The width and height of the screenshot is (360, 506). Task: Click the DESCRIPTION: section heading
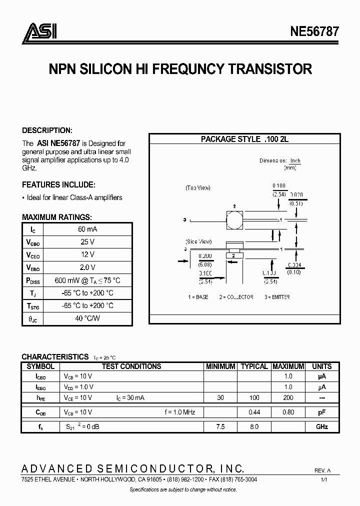47,130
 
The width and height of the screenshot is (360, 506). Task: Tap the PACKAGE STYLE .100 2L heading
244,139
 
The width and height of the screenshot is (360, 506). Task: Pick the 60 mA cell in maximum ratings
87,229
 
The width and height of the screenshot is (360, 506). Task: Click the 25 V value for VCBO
87,242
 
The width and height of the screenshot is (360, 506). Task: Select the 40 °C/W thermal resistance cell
87,318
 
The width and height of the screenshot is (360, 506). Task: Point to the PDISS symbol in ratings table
33,280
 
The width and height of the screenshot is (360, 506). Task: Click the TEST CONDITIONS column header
131,366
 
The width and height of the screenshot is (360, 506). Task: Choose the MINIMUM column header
220,366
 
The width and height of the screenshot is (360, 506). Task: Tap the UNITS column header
321,366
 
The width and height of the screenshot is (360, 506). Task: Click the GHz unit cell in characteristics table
321,427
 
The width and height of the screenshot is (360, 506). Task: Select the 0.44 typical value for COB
254,412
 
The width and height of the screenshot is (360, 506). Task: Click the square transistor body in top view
234,219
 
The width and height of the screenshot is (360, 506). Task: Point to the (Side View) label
198,241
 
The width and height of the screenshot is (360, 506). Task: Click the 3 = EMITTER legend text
274,297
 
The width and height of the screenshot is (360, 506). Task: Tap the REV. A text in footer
322,470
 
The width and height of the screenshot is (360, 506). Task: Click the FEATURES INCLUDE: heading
59,184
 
